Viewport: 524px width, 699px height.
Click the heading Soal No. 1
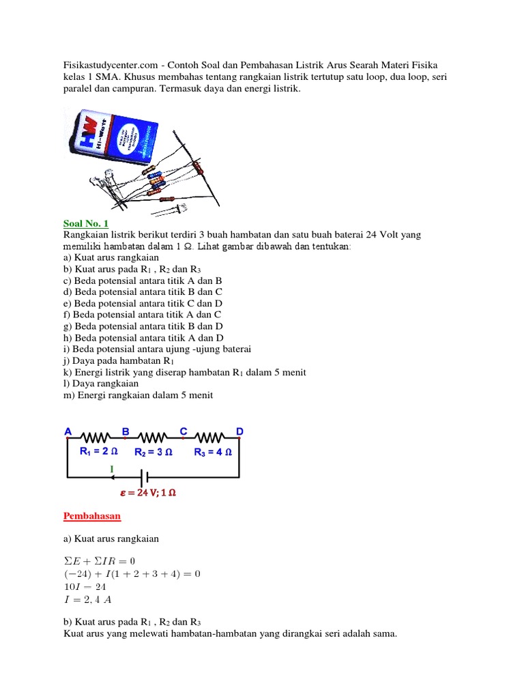click(x=85, y=224)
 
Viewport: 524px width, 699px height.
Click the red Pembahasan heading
click(x=91, y=516)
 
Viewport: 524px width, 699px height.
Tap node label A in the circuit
click(x=68, y=431)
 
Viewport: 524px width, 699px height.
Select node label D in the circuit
click(x=239, y=431)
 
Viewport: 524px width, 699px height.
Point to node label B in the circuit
click(x=126, y=431)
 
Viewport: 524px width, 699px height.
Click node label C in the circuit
click(x=183, y=431)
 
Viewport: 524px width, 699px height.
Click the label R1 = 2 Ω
click(x=98, y=451)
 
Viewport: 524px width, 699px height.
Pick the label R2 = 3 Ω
click(x=154, y=452)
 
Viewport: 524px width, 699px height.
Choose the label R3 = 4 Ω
click(x=213, y=452)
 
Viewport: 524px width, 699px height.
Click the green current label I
click(x=112, y=468)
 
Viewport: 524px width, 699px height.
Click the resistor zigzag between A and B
click(x=96, y=437)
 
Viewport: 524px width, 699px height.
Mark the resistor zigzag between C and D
click(x=211, y=437)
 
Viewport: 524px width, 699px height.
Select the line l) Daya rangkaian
click(x=100, y=384)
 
